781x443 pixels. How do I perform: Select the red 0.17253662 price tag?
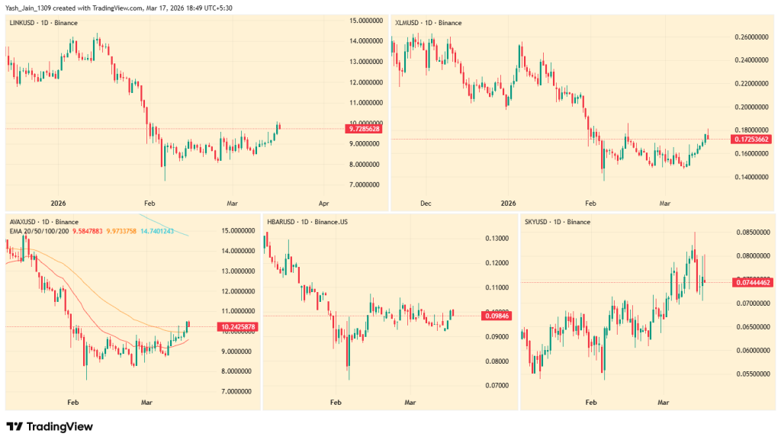(750, 140)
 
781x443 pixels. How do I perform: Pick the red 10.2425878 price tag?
(236, 327)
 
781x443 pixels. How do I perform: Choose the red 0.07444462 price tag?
(751, 282)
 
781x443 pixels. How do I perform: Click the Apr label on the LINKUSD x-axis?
(323, 204)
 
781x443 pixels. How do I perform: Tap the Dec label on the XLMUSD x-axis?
(426, 204)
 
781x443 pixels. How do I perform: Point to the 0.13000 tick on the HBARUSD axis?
(496, 239)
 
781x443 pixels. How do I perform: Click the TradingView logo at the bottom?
(49, 427)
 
